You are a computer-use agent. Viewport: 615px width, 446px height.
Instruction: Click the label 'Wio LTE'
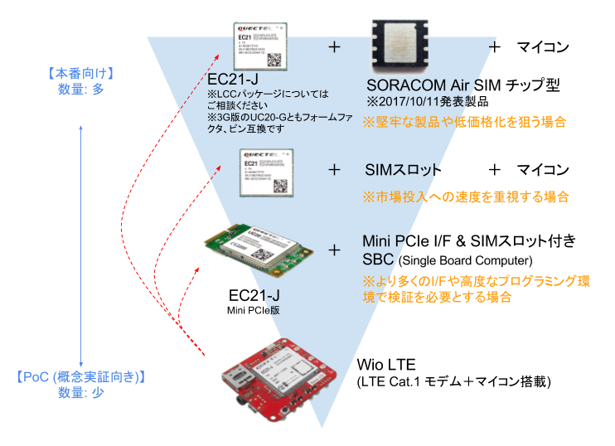pyautogui.click(x=385, y=364)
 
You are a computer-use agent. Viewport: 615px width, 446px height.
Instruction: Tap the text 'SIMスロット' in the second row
pyautogui.click(x=403, y=170)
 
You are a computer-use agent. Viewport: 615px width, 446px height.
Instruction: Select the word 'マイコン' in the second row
pyautogui.click(x=543, y=170)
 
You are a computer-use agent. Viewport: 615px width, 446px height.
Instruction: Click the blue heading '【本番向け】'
pyautogui.click(x=80, y=74)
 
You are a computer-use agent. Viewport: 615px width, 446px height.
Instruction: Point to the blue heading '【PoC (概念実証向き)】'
pyautogui.click(x=80, y=377)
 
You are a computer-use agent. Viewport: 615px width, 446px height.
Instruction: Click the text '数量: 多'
pyautogui.click(x=80, y=90)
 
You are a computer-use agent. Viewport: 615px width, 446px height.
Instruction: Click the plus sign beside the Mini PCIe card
pyautogui.click(x=335, y=250)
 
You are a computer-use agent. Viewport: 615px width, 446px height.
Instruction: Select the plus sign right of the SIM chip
pyautogui.click(x=495, y=47)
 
